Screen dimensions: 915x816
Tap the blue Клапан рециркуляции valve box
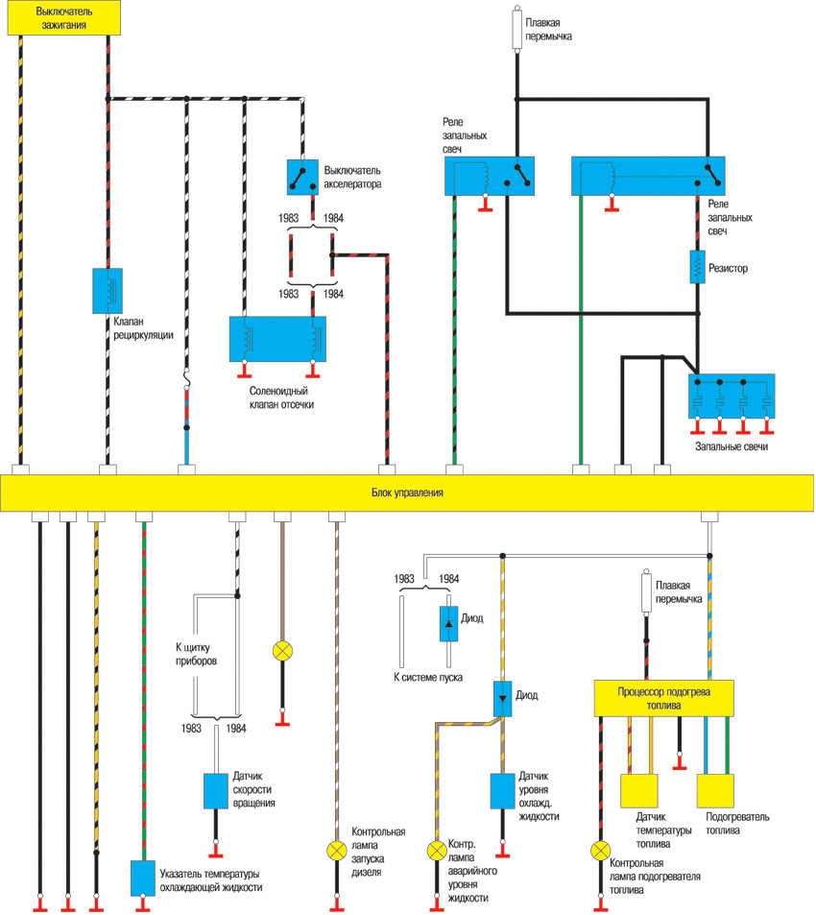(107, 291)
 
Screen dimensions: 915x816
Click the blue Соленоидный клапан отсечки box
(278, 339)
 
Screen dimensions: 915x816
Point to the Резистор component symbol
(699, 267)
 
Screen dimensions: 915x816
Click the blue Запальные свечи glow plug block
(732, 394)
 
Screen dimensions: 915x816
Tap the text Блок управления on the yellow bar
(406, 493)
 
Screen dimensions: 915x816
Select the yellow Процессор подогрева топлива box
(664, 698)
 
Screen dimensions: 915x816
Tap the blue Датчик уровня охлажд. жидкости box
(503, 791)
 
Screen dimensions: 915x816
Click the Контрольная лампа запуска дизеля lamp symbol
(337, 850)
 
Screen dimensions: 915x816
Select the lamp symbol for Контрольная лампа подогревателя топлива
(601, 850)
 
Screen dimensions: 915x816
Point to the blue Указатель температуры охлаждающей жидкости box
(143, 877)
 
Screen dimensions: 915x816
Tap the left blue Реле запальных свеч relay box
(489, 176)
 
